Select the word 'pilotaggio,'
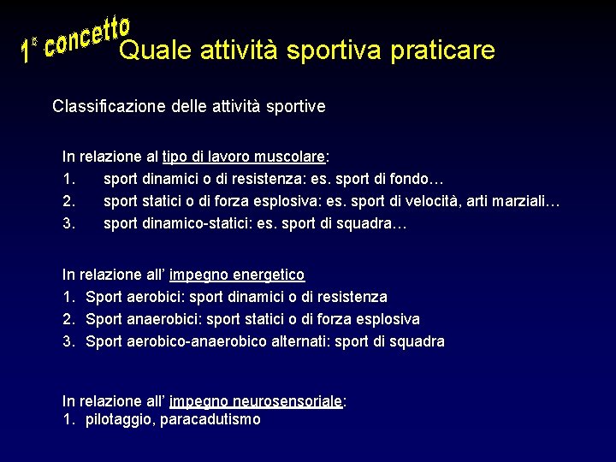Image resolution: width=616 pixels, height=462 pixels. click(x=121, y=420)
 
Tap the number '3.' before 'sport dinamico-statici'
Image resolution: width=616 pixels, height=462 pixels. click(x=70, y=224)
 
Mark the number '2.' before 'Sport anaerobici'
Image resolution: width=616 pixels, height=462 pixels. click(x=70, y=319)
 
